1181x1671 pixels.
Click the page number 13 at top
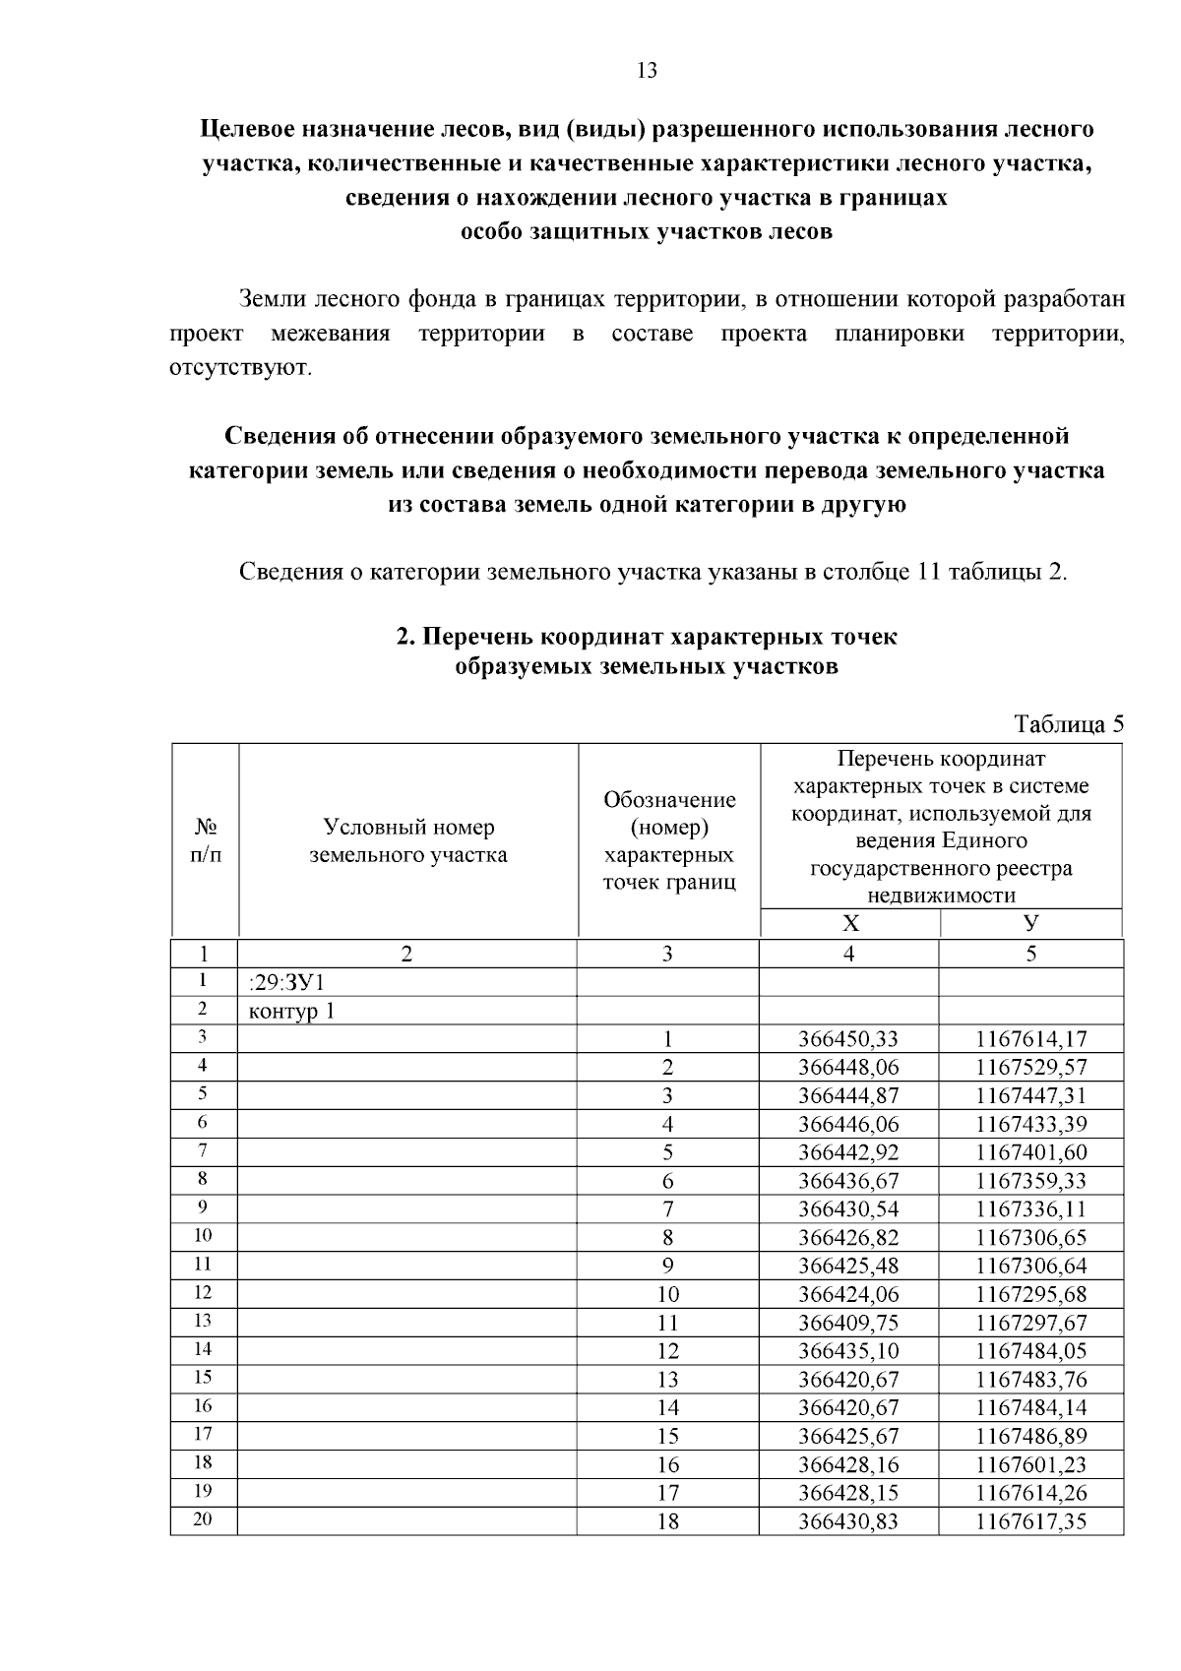point(647,71)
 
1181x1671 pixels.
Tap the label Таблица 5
point(1068,725)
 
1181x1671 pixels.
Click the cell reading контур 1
point(292,1011)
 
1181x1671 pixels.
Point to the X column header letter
point(850,923)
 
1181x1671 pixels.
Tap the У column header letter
point(1030,923)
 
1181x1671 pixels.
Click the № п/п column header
point(205,840)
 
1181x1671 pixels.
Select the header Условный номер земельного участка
point(408,840)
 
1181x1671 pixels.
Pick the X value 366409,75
point(848,1323)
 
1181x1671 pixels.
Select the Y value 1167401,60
point(1030,1152)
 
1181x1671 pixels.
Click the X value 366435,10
point(848,1351)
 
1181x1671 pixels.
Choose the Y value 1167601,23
point(1030,1464)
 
